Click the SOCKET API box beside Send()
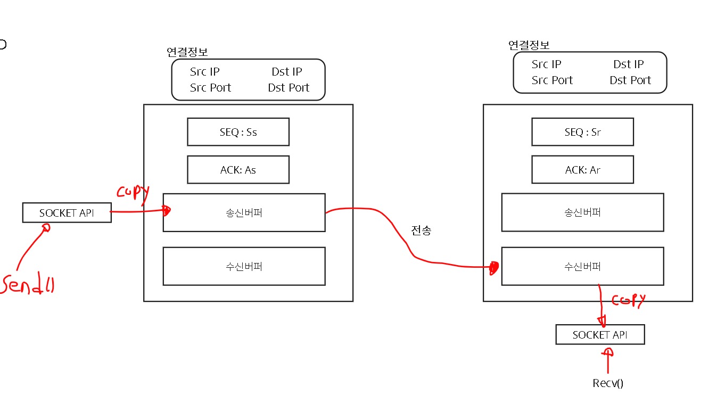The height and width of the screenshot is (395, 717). pos(67,212)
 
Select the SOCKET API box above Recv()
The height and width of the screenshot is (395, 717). pos(600,335)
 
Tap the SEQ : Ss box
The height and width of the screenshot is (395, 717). pos(238,132)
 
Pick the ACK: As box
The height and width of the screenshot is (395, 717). pos(238,170)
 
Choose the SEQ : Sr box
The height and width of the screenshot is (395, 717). pos(582,132)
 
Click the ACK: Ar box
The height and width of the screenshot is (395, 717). pos(582,170)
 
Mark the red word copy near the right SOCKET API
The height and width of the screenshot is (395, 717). pos(629,300)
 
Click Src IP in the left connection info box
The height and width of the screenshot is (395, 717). pos(204,72)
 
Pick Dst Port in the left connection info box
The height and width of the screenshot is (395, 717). pos(289,88)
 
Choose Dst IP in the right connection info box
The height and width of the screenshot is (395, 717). pos(628,64)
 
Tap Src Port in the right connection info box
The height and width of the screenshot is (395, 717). pos(552,80)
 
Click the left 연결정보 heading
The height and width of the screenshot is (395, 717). pos(187,52)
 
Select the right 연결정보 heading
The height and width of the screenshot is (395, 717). pos(529,45)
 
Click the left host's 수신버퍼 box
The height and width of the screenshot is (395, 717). pos(244,266)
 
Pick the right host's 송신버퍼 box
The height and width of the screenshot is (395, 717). pos(582,212)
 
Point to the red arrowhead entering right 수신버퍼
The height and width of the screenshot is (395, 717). pos(494,267)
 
